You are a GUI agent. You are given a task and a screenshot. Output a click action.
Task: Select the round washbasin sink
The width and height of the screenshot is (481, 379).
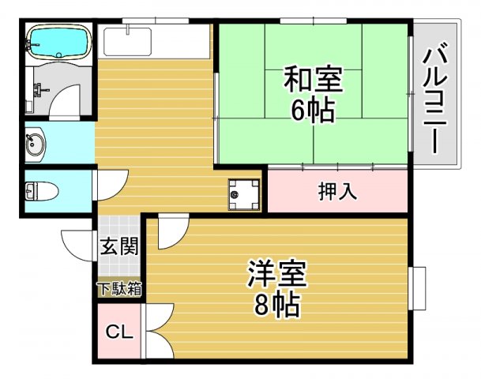pyautogui.click(x=36, y=144)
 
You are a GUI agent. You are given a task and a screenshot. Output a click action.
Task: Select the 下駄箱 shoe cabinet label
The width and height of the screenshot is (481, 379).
pyautogui.click(x=119, y=289)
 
